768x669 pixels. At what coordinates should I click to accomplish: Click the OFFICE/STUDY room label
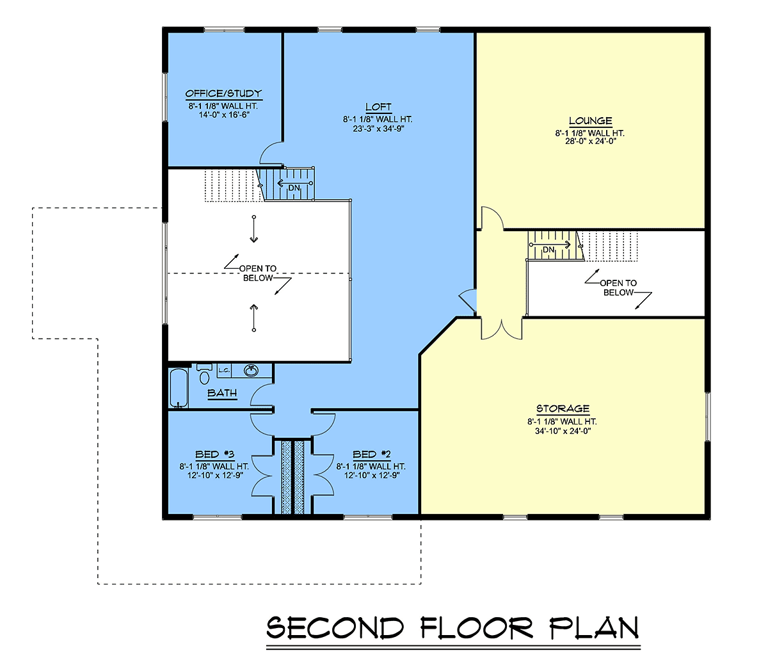(x=224, y=93)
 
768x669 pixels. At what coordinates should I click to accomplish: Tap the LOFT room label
(x=378, y=107)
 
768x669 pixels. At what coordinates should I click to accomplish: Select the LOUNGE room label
(x=591, y=121)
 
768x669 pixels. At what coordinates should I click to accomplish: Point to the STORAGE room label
(x=563, y=408)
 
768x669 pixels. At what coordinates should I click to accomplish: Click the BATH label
(x=222, y=393)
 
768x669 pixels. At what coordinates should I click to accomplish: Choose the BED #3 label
(x=214, y=455)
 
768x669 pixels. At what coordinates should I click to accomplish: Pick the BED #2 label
(x=372, y=455)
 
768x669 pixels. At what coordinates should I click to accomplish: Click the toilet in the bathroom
(x=204, y=373)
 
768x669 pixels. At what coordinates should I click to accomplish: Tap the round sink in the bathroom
(x=251, y=371)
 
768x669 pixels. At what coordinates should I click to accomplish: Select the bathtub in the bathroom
(x=179, y=388)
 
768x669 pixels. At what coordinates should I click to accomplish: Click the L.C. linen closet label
(x=224, y=370)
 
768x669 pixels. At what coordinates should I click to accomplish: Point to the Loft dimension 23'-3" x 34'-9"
(x=378, y=129)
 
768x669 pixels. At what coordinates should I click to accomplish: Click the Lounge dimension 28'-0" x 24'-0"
(x=591, y=141)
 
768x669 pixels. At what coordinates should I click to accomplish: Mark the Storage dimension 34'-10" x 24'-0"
(x=563, y=431)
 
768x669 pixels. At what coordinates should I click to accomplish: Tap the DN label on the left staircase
(x=294, y=188)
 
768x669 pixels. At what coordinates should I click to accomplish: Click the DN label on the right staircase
(x=548, y=250)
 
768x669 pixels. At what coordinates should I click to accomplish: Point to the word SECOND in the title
(x=335, y=627)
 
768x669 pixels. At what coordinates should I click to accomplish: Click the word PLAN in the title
(x=595, y=627)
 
